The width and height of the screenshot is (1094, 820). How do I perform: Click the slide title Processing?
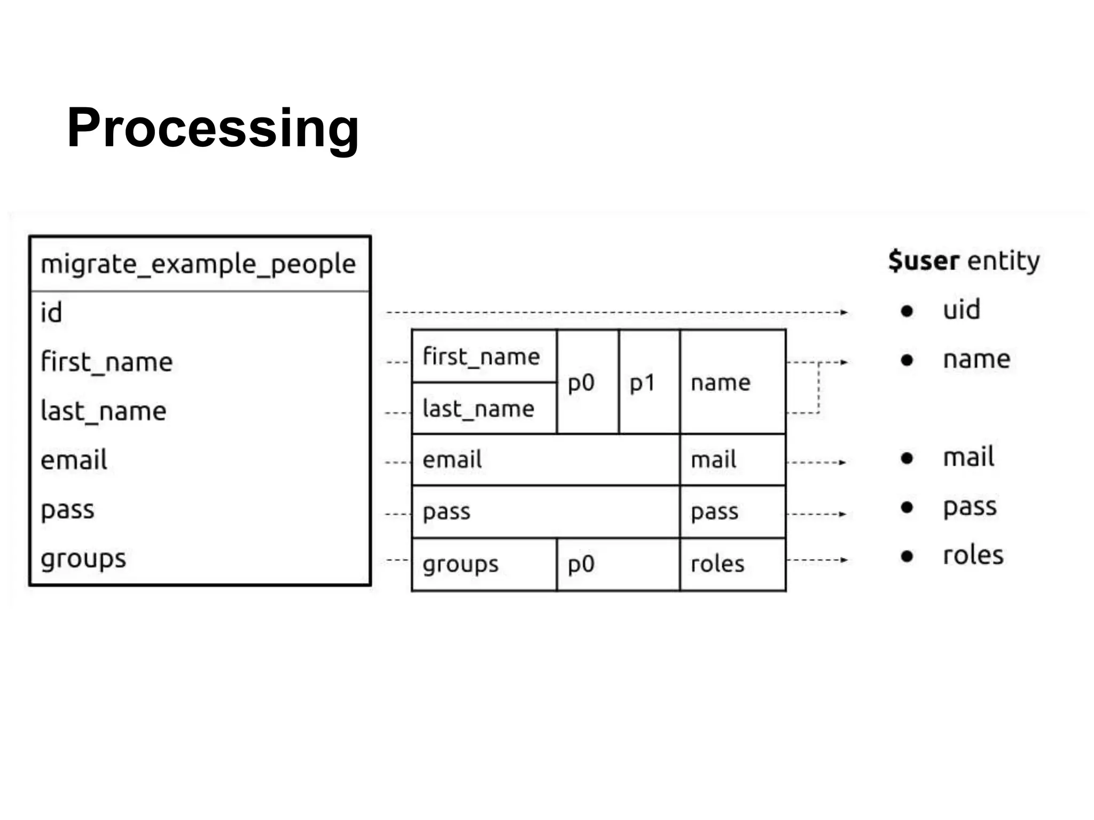point(213,128)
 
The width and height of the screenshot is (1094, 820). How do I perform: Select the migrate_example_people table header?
point(198,264)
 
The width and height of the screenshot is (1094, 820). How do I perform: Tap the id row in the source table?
point(52,312)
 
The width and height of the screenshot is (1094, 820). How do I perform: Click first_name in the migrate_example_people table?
point(107,362)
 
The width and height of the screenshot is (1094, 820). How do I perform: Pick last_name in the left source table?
point(104,411)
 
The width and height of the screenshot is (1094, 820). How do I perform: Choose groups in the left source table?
point(83,559)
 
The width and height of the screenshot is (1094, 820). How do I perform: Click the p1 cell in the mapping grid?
point(643,383)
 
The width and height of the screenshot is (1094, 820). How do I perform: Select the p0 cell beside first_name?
point(581,383)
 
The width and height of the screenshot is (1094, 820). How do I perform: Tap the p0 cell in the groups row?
point(581,564)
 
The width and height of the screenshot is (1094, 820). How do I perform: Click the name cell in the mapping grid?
point(721,383)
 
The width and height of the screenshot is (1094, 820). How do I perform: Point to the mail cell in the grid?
point(714,460)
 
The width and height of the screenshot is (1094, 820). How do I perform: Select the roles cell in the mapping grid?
point(717,564)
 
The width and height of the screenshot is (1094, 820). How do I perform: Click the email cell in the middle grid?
point(452,460)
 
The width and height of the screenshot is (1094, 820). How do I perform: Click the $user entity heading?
point(964,261)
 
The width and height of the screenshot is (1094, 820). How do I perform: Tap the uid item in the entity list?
point(962,310)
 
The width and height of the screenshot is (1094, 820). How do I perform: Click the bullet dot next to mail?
point(907,458)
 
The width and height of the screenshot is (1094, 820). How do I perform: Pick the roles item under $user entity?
point(973,555)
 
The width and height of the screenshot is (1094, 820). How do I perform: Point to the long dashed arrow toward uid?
point(614,312)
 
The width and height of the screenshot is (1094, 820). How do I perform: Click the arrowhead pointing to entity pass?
point(842,514)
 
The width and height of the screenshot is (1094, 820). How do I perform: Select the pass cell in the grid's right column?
point(715,512)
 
